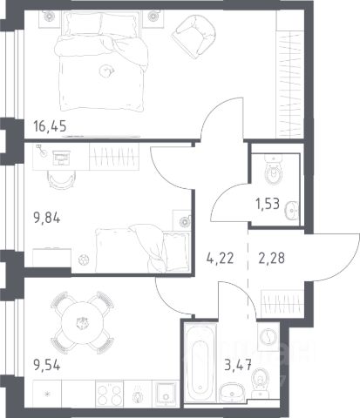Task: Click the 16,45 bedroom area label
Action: pyautogui.click(x=50, y=126)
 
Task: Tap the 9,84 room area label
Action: pyautogui.click(x=47, y=218)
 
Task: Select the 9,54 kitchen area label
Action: pyautogui.click(x=47, y=365)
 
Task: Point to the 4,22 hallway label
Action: pyautogui.click(x=220, y=258)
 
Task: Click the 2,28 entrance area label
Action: pyautogui.click(x=271, y=258)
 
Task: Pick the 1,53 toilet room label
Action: pyautogui.click(x=268, y=204)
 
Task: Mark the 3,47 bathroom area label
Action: pyautogui.click(x=238, y=365)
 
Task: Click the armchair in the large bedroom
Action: pyautogui.click(x=194, y=35)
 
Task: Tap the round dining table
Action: pyautogui.click(x=83, y=323)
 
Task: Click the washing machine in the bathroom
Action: pyautogui.click(x=268, y=336)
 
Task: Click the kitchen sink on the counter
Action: pyautogui.click(x=166, y=394)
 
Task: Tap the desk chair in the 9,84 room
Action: pyautogui.click(x=62, y=179)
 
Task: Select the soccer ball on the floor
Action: pyautogui.click(x=84, y=260)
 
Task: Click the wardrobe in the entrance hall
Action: pyautogui.click(x=282, y=303)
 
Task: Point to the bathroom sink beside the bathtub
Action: pyautogui.click(x=232, y=392)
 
